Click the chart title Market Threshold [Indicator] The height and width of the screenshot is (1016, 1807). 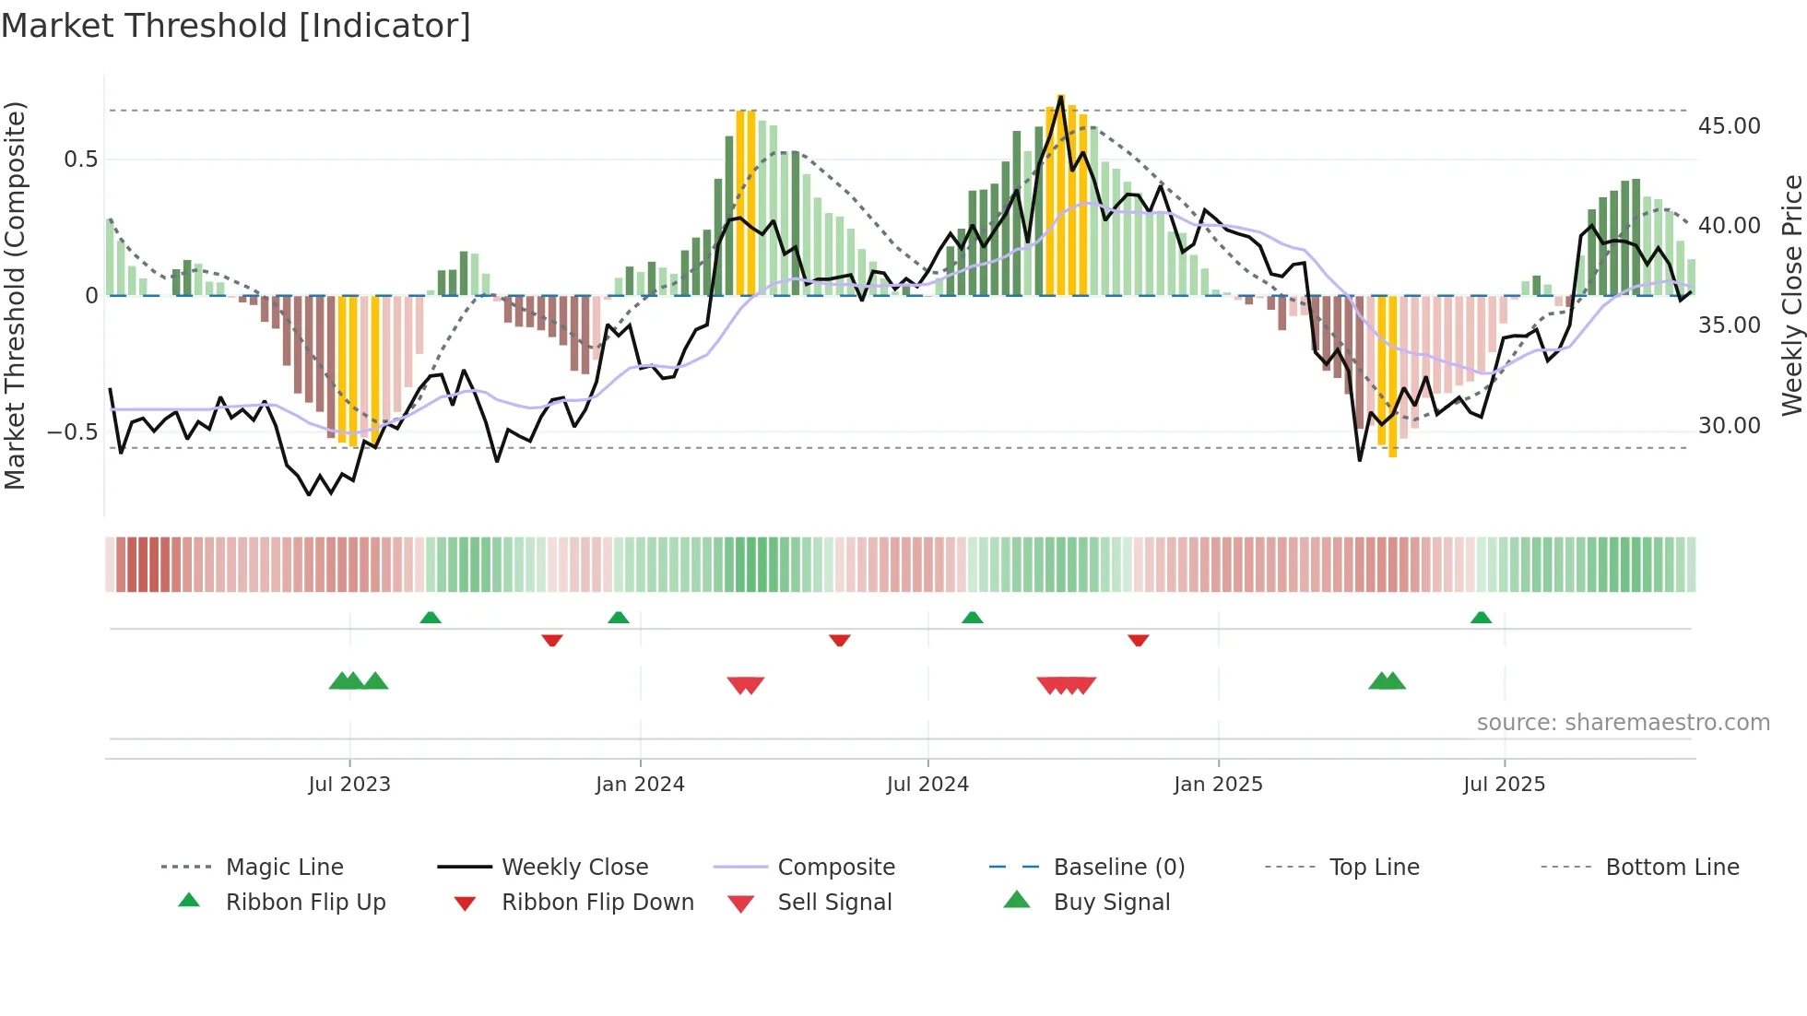tap(236, 26)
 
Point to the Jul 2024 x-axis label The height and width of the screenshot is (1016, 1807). tap(927, 785)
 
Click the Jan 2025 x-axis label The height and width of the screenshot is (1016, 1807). tap(1218, 785)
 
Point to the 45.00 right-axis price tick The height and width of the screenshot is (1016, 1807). tap(1729, 126)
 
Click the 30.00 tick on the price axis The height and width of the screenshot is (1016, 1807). tap(1729, 426)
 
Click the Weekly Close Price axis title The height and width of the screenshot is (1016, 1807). tap(1791, 295)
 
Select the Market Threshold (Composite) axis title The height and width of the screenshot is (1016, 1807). tap(15, 295)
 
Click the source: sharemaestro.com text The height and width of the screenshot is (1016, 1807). tap(1623, 723)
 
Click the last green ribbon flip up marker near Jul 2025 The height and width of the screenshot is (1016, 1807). tap(1481, 618)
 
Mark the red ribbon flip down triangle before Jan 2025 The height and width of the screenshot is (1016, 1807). tap(1138, 640)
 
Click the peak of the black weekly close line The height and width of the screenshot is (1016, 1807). tap(1061, 98)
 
